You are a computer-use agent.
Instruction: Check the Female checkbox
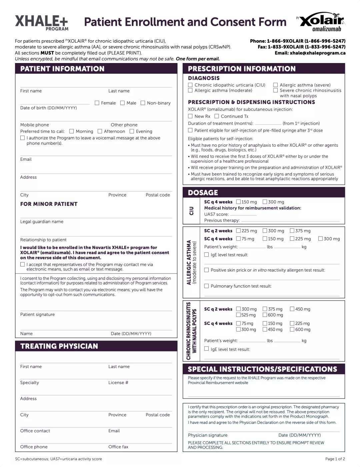tap(97, 103)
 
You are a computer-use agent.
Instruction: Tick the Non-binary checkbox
tap(143, 103)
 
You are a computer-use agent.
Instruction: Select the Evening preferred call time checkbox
tap(132, 131)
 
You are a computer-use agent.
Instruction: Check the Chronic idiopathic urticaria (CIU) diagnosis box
tap(190, 85)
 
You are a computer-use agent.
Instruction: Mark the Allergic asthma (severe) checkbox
tap(275, 85)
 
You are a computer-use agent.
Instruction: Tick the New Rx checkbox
tap(190, 116)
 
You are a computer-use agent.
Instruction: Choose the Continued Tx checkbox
tap(217, 116)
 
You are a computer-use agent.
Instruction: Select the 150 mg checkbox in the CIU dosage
tap(238, 202)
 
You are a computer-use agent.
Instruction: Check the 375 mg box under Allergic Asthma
tap(292, 231)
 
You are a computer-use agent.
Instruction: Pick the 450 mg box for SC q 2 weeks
tap(292, 309)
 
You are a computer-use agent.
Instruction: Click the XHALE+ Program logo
tap(42, 23)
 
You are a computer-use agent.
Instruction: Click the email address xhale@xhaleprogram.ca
tap(317, 53)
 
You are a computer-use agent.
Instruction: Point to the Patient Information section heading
tap(62, 69)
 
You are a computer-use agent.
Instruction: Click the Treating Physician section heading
tap(59, 346)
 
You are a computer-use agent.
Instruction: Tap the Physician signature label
tap(208, 435)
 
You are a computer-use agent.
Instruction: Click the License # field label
tap(118, 383)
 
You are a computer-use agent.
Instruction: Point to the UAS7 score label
tap(216, 214)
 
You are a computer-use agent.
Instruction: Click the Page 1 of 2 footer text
tap(335, 459)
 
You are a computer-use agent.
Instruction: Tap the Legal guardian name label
tap(42, 221)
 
